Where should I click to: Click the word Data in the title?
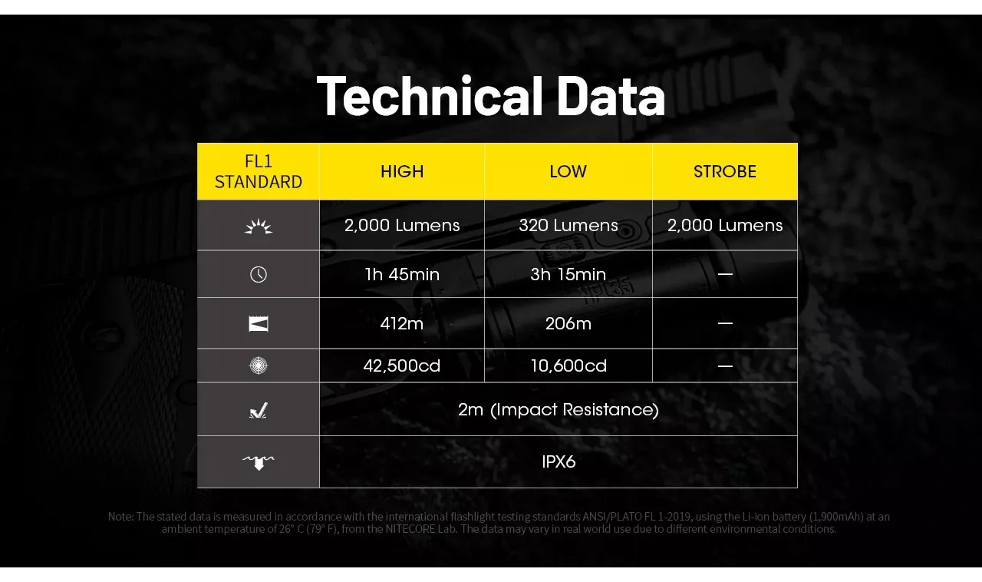pyautogui.click(x=611, y=96)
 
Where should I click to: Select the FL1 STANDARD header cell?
pyautogui.click(x=259, y=172)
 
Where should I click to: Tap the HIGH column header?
pyautogui.click(x=402, y=172)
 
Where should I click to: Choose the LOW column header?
pyautogui.click(x=568, y=172)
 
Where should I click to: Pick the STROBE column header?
pyautogui.click(x=725, y=172)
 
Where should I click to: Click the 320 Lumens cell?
pyautogui.click(x=568, y=225)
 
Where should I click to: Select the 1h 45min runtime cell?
pyautogui.click(x=402, y=274)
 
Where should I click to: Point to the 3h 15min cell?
pyautogui.click(x=568, y=274)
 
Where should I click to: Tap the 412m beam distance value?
pyautogui.click(x=402, y=323)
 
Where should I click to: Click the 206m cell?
pyautogui.click(x=568, y=323)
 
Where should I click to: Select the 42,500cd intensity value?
pyautogui.click(x=402, y=365)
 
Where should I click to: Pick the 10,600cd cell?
pyautogui.click(x=568, y=365)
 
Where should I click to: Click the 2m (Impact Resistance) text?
pyautogui.click(x=558, y=409)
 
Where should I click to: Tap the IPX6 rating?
pyautogui.click(x=558, y=461)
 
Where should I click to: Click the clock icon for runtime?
pyautogui.click(x=259, y=274)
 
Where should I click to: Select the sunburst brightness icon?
pyautogui.click(x=259, y=226)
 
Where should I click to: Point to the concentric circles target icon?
pyautogui.click(x=259, y=365)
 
